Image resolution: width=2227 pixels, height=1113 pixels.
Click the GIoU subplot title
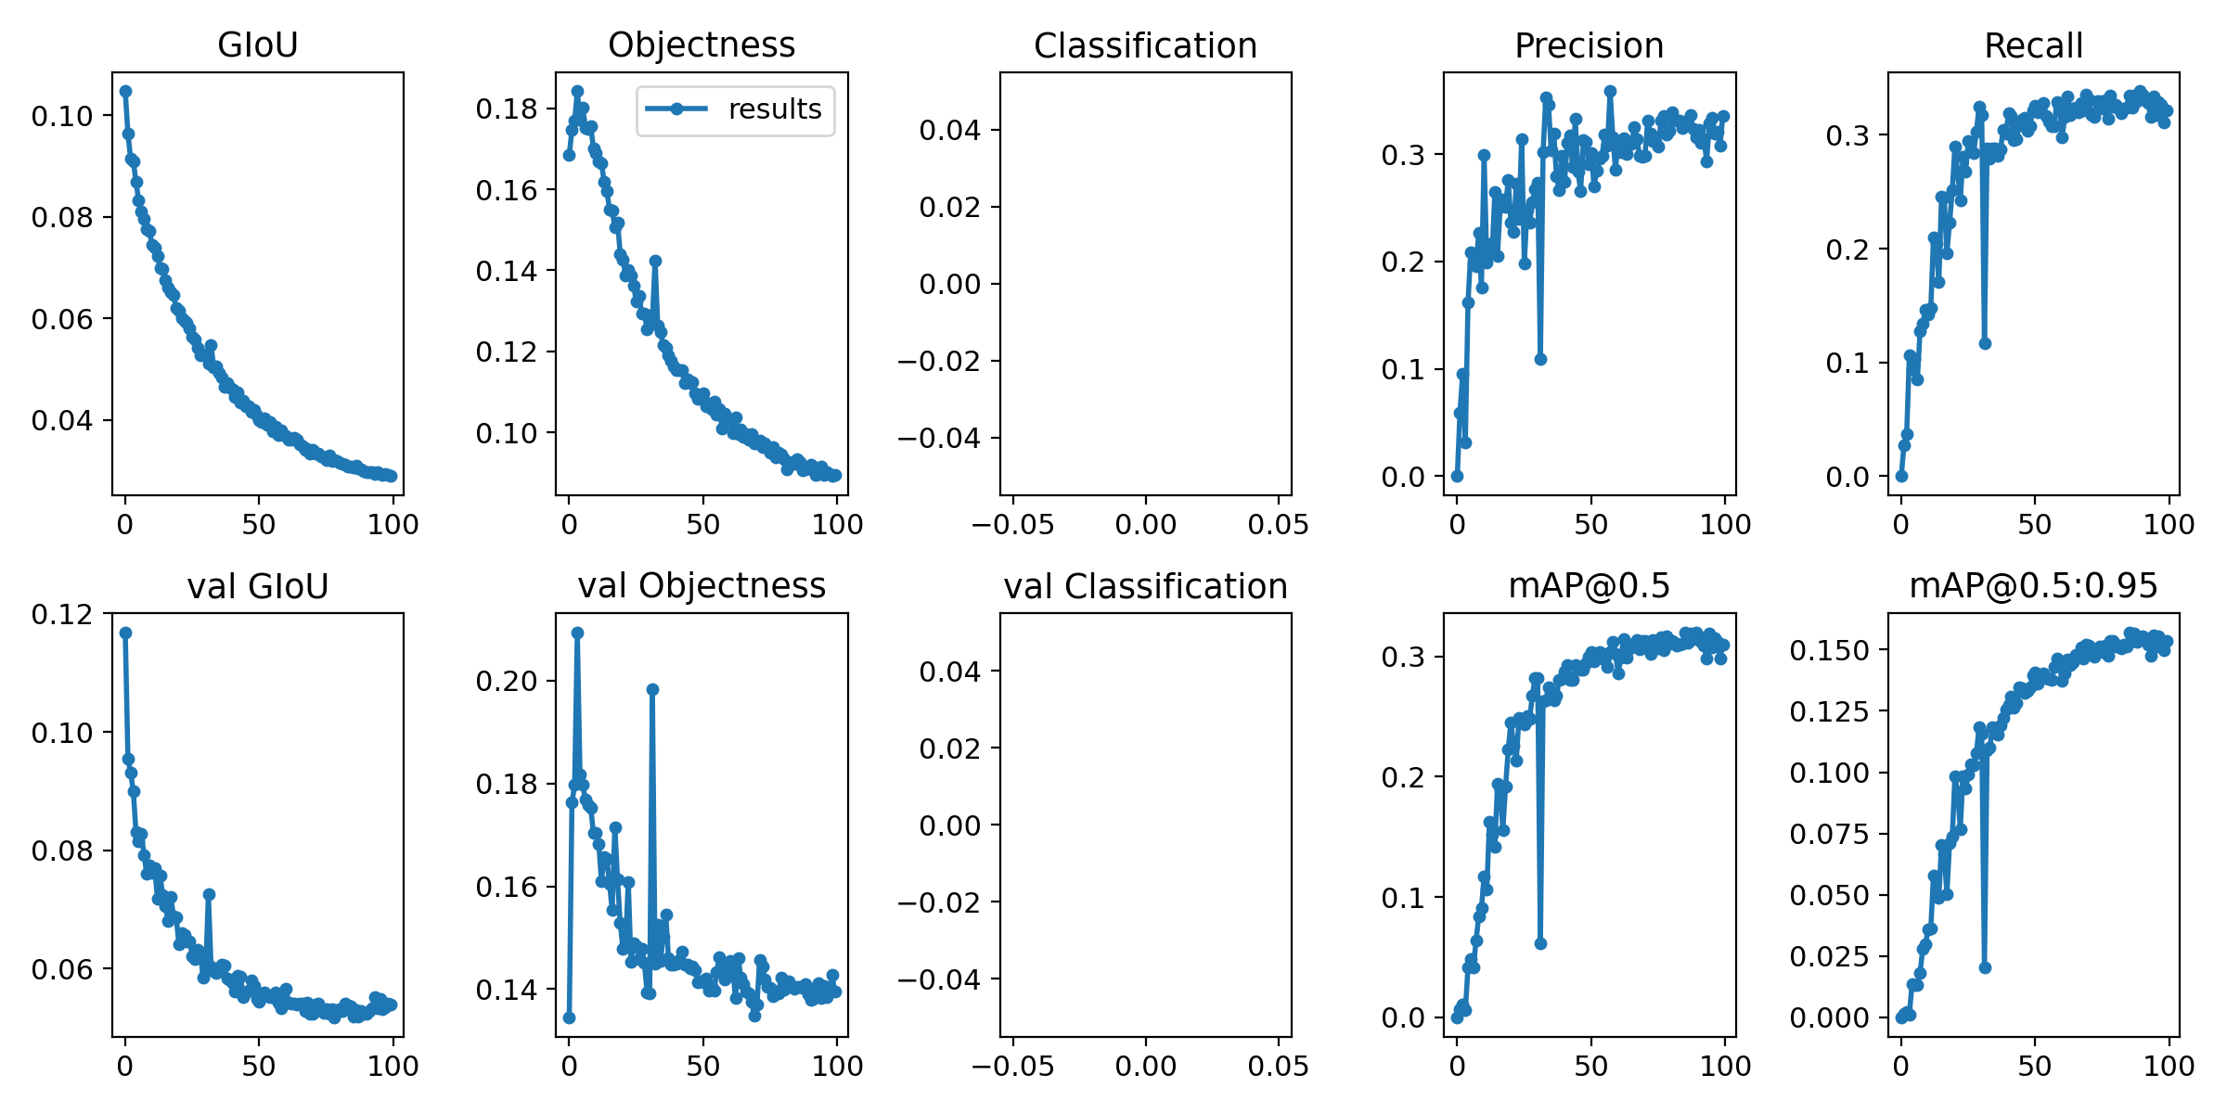(258, 45)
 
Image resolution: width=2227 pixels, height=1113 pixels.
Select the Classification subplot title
(1145, 45)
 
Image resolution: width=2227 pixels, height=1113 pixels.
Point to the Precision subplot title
(1589, 45)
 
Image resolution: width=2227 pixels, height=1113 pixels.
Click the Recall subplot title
(2033, 45)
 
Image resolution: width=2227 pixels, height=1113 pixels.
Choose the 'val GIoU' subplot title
(258, 586)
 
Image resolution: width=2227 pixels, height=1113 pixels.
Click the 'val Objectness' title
(702, 586)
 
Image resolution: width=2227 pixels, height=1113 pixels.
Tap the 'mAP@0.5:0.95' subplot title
(2033, 586)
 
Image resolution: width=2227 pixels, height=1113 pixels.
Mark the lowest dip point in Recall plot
(1985, 343)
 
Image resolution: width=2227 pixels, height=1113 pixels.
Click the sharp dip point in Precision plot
(1540, 359)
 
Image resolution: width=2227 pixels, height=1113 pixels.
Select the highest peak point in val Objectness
(577, 633)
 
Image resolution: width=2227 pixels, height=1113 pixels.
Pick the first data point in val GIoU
(125, 633)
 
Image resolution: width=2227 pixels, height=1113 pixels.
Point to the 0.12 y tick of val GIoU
(62, 614)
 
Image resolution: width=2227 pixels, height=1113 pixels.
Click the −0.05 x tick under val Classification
(1012, 1067)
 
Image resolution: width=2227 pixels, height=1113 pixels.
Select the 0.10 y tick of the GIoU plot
(62, 116)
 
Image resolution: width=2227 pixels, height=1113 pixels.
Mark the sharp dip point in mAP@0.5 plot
(1540, 943)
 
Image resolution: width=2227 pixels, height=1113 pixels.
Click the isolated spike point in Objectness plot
(655, 261)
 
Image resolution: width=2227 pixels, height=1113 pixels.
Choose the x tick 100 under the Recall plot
(2169, 525)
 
